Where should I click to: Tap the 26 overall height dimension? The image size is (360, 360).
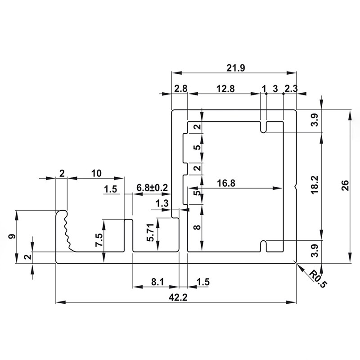(x=345, y=186)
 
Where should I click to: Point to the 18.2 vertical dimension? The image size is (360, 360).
(x=315, y=184)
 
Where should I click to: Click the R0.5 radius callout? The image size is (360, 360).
(x=318, y=279)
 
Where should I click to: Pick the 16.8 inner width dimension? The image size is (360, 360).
(x=226, y=183)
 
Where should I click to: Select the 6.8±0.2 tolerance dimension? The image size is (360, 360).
(x=153, y=188)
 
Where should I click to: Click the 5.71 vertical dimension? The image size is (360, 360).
(x=151, y=232)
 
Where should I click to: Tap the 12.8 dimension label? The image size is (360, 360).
(x=225, y=89)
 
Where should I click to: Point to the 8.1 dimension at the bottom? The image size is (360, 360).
(x=157, y=282)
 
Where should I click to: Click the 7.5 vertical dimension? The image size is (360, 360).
(x=99, y=240)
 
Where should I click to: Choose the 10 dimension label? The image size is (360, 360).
(x=96, y=173)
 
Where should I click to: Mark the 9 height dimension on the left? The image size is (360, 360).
(x=13, y=236)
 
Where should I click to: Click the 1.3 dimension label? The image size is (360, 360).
(x=162, y=203)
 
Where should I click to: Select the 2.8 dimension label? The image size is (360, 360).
(x=181, y=89)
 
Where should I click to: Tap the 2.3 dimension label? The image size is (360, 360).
(x=291, y=89)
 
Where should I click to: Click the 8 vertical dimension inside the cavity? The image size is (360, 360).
(x=197, y=227)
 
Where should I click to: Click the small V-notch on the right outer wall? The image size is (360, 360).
(x=296, y=187)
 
